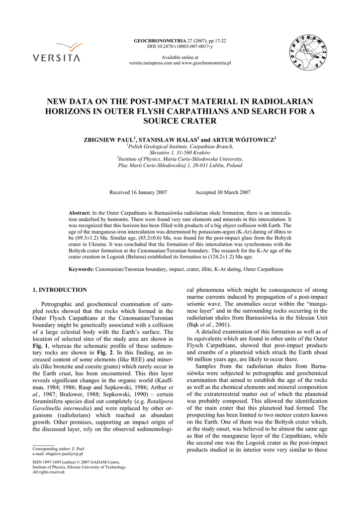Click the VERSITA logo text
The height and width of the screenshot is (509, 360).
click(x=56, y=57)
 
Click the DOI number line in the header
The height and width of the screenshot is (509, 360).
click(x=180, y=46)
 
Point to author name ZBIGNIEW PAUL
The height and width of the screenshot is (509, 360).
click(x=110, y=140)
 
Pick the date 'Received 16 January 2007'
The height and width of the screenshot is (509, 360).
click(x=138, y=192)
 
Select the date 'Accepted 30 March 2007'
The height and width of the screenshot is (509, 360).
click(x=223, y=192)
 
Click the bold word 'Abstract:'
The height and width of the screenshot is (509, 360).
click(x=80, y=213)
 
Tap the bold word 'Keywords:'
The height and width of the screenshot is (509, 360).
click(x=81, y=269)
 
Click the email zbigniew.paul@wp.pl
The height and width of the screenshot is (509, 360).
click(x=58, y=454)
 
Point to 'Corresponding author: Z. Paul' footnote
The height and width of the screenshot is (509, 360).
click(x=58, y=448)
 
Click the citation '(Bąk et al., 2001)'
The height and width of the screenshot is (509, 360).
click(x=208, y=325)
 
